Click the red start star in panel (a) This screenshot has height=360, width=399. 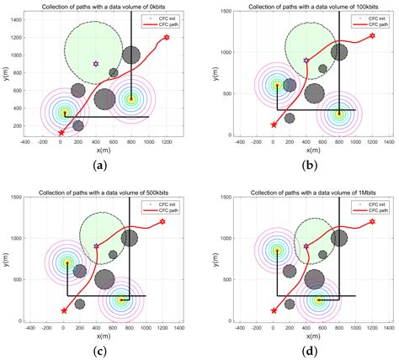[61, 132]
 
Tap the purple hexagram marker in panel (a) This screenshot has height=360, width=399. [96, 64]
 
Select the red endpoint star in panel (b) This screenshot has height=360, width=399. [372, 35]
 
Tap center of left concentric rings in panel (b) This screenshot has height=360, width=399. [277, 84]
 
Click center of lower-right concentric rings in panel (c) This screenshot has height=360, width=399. [120, 299]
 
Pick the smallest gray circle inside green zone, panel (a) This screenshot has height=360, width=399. [114, 73]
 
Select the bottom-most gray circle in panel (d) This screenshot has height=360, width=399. [289, 304]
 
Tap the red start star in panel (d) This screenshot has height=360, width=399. [273, 310]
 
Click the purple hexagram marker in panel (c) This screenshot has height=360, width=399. [96, 246]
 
